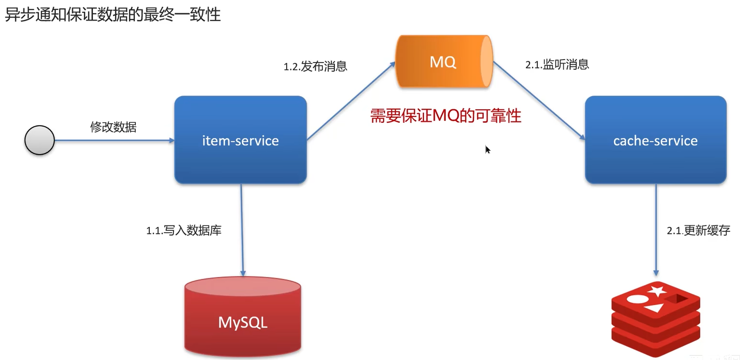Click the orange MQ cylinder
[x=444, y=62]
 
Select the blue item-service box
[x=240, y=140]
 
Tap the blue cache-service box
[x=655, y=140]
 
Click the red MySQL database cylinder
[x=243, y=317]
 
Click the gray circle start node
[x=39, y=140]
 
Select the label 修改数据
[x=113, y=127]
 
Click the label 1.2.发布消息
[x=315, y=66]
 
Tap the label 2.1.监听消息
[x=557, y=65]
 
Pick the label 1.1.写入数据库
[x=184, y=231]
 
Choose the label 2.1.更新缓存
[x=698, y=231]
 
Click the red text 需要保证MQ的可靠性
[x=445, y=116]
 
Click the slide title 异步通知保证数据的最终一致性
[x=112, y=15]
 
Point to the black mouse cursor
[x=487, y=149]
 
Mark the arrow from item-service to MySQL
[x=242, y=229]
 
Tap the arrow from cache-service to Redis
[x=656, y=229]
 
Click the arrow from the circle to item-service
[x=114, y=140]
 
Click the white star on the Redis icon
[x=657, y=291]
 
